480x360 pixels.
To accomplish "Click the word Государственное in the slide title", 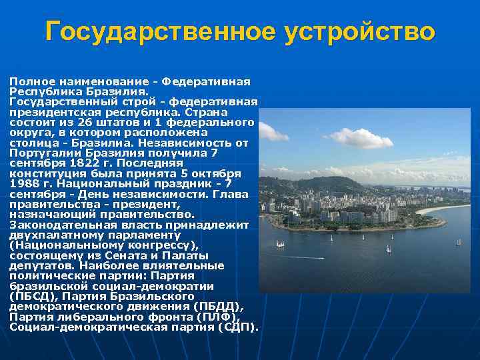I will tap(160, 31).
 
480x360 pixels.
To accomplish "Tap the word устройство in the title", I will tap(359, 31).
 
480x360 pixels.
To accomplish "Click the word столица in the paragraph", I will tap(31, 143).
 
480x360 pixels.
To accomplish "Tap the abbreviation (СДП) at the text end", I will tap(235, 327).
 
